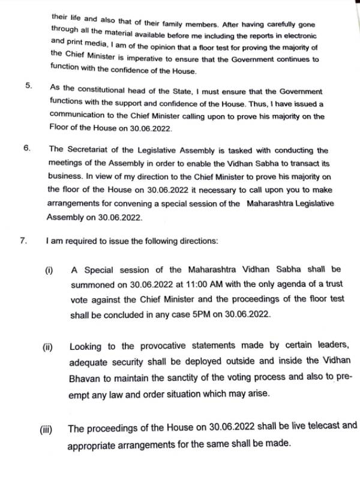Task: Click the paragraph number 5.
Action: [x=28, y=85]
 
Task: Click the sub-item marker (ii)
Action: [x=46, y=347]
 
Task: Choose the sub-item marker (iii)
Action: [x=45, y=430]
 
